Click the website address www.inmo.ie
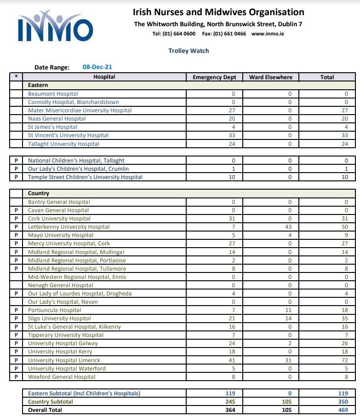click(268, 34)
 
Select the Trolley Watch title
click(189, 51)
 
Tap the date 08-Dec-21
click(97, 67)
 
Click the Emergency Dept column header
click(214, 77)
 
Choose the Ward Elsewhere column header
click(271, 77)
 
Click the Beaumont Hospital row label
click(53, 94)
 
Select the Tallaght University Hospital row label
click(63, 144)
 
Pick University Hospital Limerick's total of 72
click(345, 360)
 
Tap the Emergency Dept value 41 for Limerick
click(232, 360)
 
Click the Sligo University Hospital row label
click(59, 319)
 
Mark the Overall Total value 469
click(343, 410)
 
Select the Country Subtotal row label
click(51, 402)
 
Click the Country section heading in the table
click(39, 194)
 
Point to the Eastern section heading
click(38, 85)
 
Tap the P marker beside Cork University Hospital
click(16, 219)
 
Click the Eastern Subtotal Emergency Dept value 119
click(230, 394)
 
